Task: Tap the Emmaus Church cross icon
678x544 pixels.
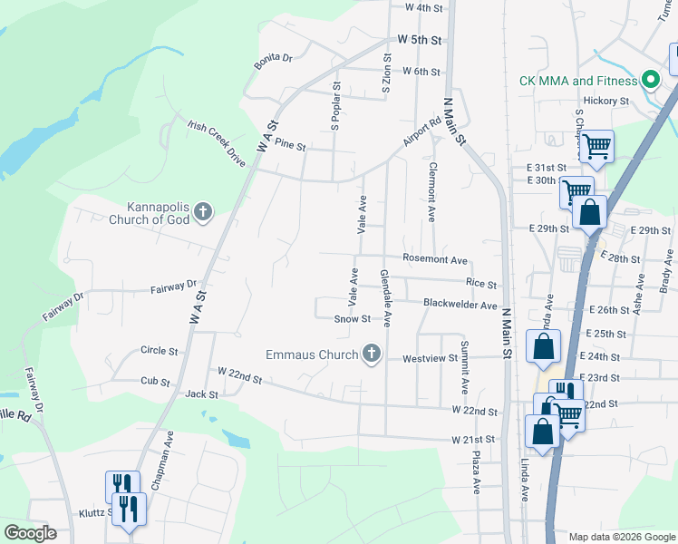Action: coord(371,354)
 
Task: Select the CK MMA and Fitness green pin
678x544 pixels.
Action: coord(649,81)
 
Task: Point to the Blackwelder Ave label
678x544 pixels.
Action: coord(460,306)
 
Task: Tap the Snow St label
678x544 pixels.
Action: coord(353,319)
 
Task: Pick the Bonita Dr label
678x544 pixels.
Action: coord(274,58)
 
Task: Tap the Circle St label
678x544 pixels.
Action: coord(160,350)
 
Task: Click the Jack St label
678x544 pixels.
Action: coord(201,394)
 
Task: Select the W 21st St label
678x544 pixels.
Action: coord(475,439)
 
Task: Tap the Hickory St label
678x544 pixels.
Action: coord(606,101)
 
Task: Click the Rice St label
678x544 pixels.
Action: coord(481,284)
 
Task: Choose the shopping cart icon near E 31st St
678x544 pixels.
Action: coord(596,146)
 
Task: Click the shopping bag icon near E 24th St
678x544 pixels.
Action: coord(543,346)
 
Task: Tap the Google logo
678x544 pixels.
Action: coord(31,533)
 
